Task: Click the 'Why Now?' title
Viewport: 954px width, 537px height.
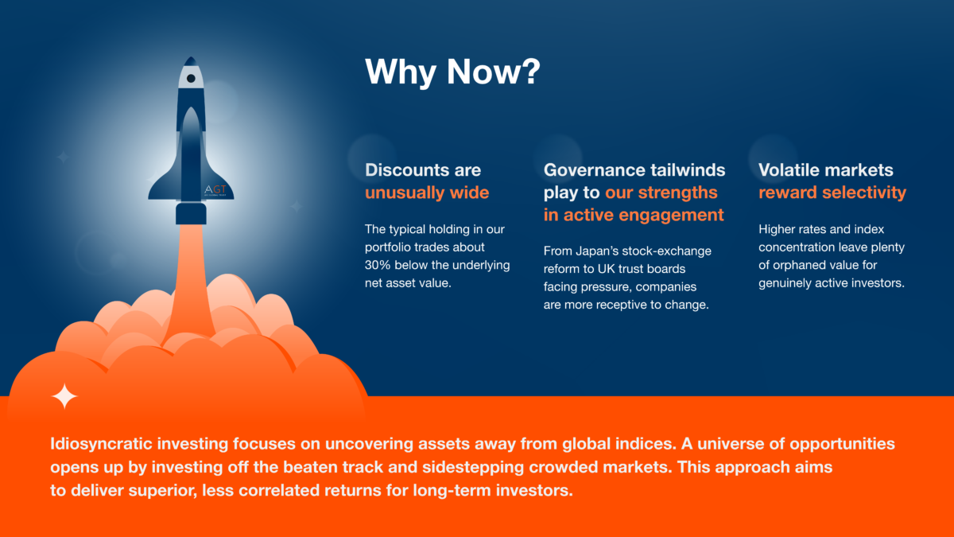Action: tap(452, 72)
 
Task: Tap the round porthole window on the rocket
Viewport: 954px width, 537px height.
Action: tap(191, 79)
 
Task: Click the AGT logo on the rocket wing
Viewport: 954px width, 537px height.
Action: tap(215, 189)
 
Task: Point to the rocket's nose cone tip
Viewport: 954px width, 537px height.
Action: tap(191, 56)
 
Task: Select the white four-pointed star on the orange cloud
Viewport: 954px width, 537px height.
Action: tap(64, 396)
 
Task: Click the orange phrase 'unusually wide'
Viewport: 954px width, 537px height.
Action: tap(427, 193)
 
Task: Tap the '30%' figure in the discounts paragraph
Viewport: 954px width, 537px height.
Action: tap(378, 265)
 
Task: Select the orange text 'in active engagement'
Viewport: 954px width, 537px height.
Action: tap(634, 215)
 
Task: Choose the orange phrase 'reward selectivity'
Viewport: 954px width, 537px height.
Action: tap(832, 193)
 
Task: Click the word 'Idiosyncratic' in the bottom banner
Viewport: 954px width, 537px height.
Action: tap(102, 444)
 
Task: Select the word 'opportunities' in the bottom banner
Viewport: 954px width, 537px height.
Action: tap(843, 444)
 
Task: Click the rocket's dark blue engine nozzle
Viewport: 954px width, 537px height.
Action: tap(192, 213)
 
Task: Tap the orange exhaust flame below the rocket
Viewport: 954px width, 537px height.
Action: tap(190, 282)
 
